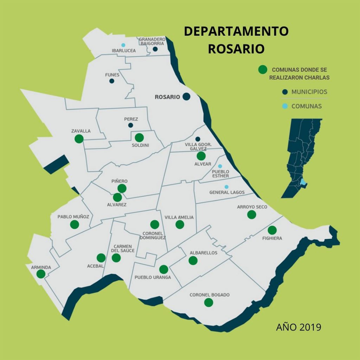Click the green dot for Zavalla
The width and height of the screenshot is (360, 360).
click(79, 139)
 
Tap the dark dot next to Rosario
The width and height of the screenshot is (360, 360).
click(186, 97)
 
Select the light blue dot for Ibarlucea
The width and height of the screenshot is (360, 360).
click(123, 45)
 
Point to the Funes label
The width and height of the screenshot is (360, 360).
click(112, 75)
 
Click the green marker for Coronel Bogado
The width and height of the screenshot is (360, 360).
click(208, 302)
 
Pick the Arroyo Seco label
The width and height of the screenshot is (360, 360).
click(252, 207)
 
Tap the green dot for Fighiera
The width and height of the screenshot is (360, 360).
click(272, 230)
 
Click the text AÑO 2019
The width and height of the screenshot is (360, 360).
click(298, 327)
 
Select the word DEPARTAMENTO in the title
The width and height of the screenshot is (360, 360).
click(236, 31)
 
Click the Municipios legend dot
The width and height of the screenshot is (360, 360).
click(285, 92)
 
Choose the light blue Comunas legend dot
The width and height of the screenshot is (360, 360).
click(285, 106)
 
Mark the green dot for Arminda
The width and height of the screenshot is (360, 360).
click(41, 274)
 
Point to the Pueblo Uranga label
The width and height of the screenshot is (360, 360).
click(153, 277)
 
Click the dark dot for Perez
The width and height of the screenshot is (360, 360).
click(131, 125)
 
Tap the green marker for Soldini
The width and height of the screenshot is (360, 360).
click(139, 137)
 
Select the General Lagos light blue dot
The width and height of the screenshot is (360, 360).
click(226, 187)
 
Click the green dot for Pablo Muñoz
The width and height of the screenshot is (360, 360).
click(74, 224)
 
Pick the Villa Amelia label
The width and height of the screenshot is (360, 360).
click(179, 217)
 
